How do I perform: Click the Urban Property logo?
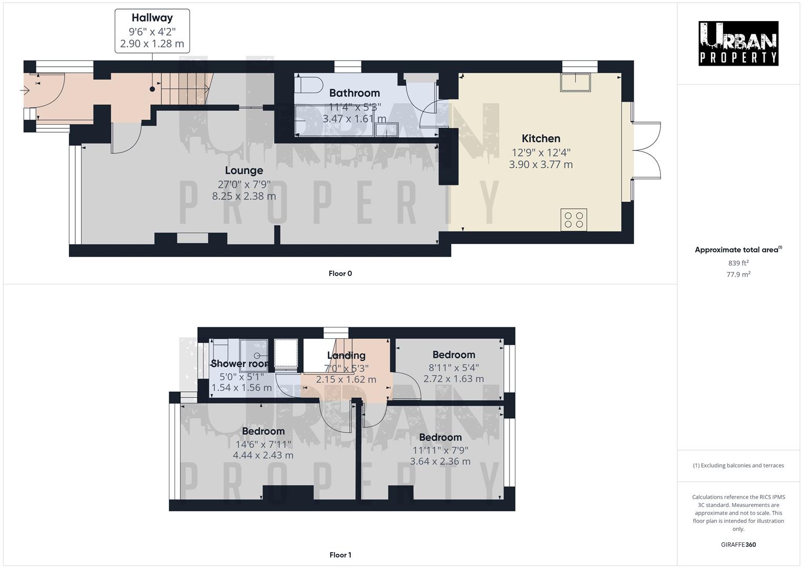coord(738,43)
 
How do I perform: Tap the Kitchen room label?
coord(541,138)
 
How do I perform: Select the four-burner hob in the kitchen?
coord(573,219)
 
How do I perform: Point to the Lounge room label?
coord(243,170)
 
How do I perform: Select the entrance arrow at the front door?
coord(25,91)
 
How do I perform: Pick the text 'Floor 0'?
coord(340,273)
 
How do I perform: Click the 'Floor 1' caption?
coord(340,555)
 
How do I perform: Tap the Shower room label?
coord(240,363)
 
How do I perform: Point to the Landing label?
coord(346,356)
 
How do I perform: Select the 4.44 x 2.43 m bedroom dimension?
coord(263,455)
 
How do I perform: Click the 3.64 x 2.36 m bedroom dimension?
coord(440,461)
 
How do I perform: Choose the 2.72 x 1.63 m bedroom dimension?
coord(453,379)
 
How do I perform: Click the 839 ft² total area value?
coord(738,263)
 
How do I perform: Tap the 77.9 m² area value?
coord(738,275)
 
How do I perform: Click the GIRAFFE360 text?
coord(738,544)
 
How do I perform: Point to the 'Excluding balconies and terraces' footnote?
coord(738,465)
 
